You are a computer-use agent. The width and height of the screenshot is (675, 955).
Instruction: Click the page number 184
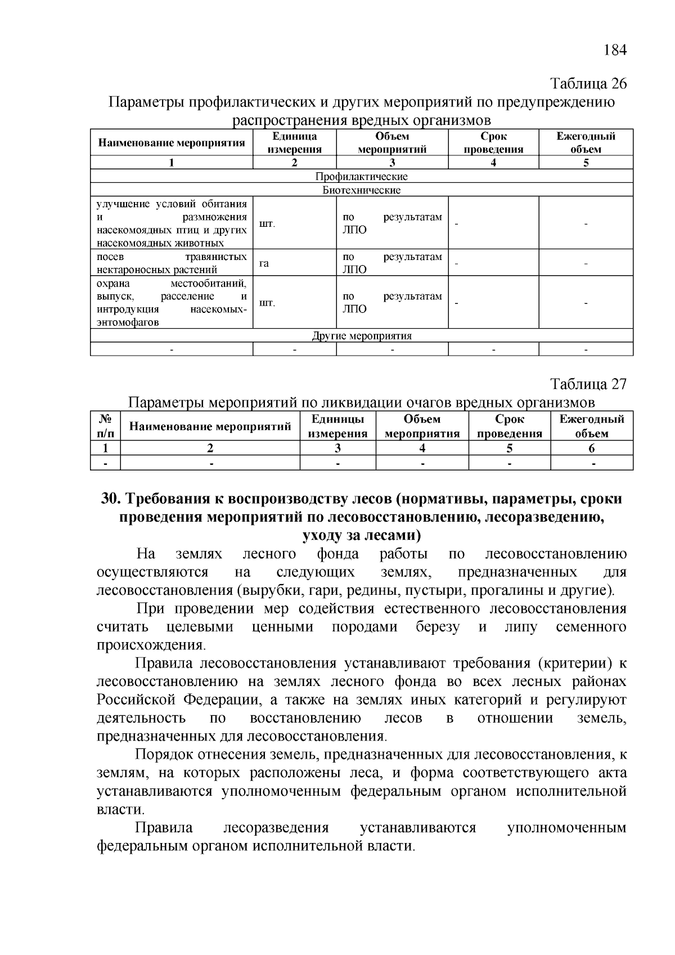[x=614, y=50]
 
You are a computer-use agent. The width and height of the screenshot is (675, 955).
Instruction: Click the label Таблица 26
[x=588, y=84]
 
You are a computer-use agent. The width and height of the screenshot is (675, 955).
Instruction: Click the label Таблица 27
[x=588, y=384]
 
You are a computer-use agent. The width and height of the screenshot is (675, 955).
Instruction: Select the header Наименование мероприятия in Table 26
[x=172, y=142]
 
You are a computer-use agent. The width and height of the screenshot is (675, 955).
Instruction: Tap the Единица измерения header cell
[x=294, y=142]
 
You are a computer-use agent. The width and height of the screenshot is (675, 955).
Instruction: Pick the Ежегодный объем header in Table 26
[x=586, y=142]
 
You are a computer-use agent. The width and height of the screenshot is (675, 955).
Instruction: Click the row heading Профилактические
[x=361, y=176]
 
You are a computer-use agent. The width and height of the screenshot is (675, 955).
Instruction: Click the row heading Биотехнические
[x=361, y=190]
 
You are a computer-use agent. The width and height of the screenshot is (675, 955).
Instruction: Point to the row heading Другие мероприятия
[x=361, y=336]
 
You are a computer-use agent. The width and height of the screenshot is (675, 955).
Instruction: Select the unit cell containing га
[x=264, y=263]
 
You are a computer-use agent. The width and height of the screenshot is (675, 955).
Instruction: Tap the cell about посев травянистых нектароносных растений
[x=172, y=263]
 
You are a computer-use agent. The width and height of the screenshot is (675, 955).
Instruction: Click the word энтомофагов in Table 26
[x=128, y=322]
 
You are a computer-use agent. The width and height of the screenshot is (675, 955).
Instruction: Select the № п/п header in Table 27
[x=106, y=426]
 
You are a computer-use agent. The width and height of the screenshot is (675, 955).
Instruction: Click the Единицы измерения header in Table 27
[x=337, y=426]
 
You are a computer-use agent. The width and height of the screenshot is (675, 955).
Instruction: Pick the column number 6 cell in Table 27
[x=591, y=449]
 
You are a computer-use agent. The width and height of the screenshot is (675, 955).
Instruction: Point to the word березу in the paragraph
[x=438, y=627]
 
